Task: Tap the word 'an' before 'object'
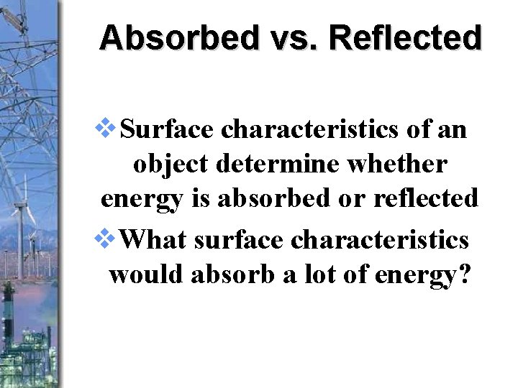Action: pos(453,131)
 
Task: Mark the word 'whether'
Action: pos(399,165)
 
